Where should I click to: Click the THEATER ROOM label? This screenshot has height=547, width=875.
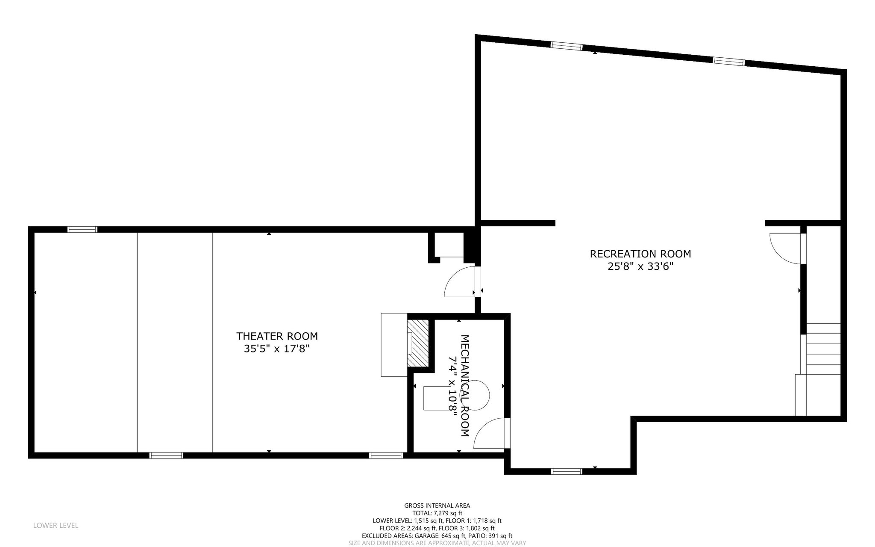point(277,336)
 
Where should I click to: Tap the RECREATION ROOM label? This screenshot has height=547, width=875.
point(640,254)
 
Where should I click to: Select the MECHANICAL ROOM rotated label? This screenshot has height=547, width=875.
point(465,385)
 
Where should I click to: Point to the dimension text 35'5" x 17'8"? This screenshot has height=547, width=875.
point(276,349)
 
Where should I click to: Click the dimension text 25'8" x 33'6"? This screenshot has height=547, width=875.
point(640,267)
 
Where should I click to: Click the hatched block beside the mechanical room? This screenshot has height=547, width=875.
point(417,343)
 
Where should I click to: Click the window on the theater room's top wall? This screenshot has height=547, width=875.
point(82,230)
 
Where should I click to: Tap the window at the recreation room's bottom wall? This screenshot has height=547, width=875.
point(567,471)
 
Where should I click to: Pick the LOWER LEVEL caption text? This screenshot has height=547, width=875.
point(56,526)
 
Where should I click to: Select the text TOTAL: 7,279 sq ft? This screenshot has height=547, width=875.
point(437,513)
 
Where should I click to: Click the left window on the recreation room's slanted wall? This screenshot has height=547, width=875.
point(567,47)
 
